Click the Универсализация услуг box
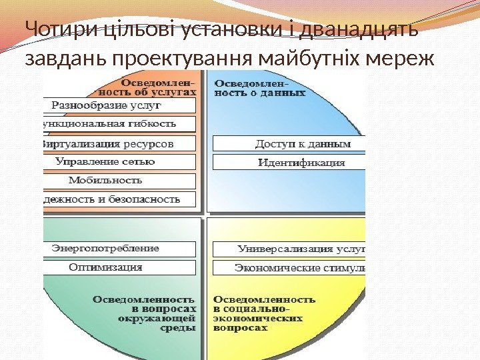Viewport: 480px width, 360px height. (289, 249)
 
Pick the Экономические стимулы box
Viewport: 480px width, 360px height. (289, 268)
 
